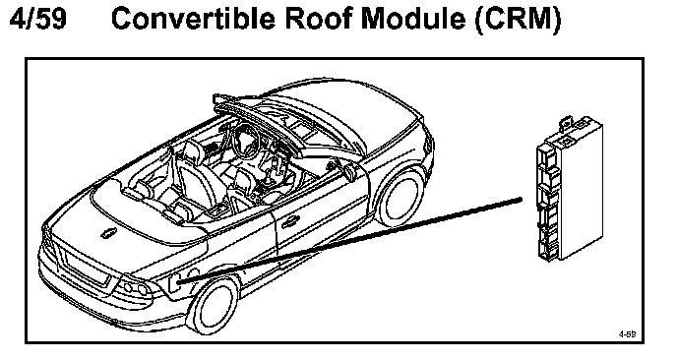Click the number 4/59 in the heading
[x=38, y=19]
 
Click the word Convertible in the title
[x=193, y=19]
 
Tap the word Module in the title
[x=413, y=19]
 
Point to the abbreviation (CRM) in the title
[x=519, y=20]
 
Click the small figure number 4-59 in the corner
[x=628, y=333]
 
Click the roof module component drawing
[x=569, y=189]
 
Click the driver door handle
[x=289, y=222]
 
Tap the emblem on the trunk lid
[x=107, y=233]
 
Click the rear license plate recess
[x=87, y=269]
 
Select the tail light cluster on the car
[x=135, y=287]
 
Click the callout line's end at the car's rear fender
[x=179, y=282]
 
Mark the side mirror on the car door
[x=349, y=171]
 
